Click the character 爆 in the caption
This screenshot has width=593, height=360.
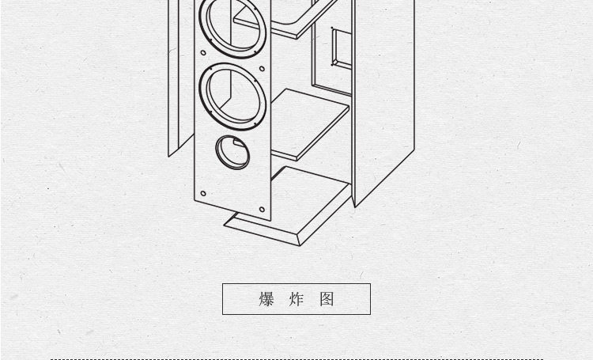pos(266,299)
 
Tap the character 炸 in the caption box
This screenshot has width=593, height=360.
pos(296,299)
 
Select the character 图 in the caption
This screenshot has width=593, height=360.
pos(327,299)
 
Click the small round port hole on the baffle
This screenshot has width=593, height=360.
pos(232,152)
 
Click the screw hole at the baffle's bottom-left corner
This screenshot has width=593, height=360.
pos(203,193)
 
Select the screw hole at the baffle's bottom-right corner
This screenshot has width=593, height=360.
pos(262,210)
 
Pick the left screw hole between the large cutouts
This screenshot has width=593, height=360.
pos(203,53)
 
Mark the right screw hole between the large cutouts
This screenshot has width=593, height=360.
pos(262,69)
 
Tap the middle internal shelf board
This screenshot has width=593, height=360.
pos(309,125)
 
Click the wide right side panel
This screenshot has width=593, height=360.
pos(383,102)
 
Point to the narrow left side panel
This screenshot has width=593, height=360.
pos(174,76)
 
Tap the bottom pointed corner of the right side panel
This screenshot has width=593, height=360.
pos(355,207)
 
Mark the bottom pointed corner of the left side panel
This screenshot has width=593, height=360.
pos(168,156)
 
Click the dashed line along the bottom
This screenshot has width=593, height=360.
pos(297,359)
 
